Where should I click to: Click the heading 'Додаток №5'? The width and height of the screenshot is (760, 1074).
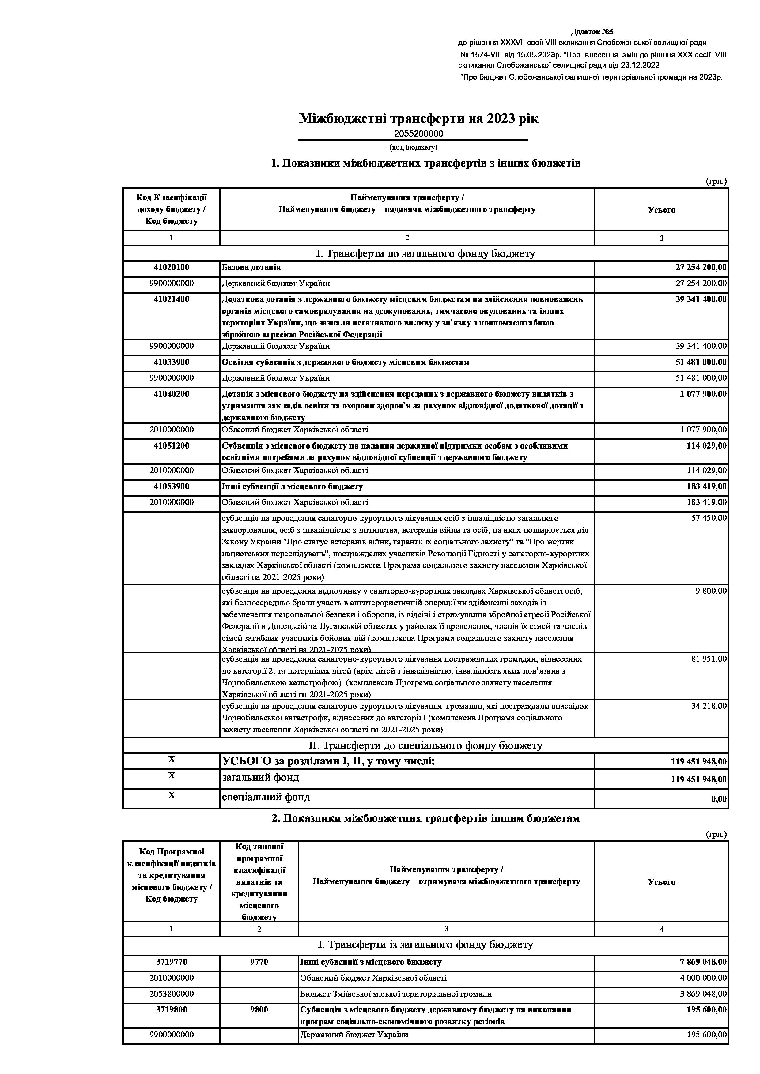tap(592, 32)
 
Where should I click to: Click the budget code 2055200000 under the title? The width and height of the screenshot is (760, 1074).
tap(418, 134)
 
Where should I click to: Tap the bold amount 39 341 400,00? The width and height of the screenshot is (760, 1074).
tap(701, 299)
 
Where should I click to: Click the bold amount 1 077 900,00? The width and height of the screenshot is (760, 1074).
tap(703, 394)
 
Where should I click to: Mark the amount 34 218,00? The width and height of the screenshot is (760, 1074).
tap(709, 706)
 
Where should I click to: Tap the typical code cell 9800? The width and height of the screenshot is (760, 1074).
tap(259, 1009)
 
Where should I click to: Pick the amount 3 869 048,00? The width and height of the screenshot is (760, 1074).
tap(703, 993)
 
